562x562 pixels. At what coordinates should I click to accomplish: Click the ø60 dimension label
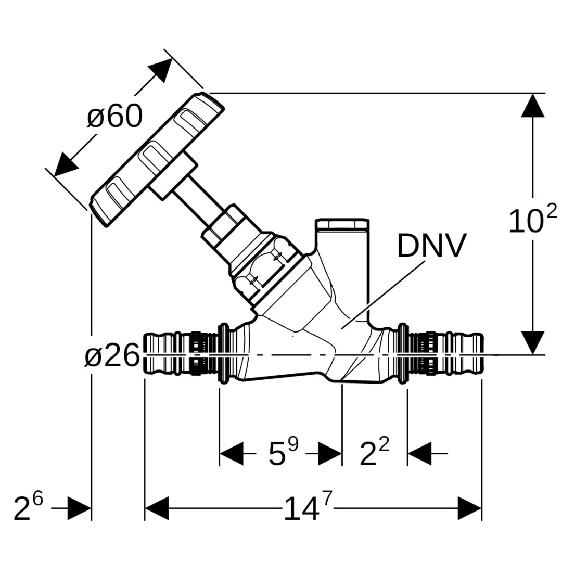tap(114, 116)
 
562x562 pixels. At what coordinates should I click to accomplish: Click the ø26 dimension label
tap(112, 357)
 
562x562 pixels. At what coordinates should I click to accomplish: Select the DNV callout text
tap(431, 246)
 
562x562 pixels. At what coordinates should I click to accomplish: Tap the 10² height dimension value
tap(532, 221)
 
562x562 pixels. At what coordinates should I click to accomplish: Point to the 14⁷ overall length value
tap(308, 508)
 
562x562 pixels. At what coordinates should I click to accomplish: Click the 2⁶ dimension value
tap(28, 508)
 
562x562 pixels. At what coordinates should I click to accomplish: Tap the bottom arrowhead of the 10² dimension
tap(533, 343)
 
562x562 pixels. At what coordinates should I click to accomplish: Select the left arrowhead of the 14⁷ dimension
tap(157, 508)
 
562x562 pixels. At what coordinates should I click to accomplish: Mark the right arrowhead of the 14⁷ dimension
tap(469, 508)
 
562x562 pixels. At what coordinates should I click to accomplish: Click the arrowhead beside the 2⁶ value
tap(80, 508)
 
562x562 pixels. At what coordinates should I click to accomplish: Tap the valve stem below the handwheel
tap(192, 200)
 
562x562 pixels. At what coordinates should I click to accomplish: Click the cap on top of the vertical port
tap(342, 225)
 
